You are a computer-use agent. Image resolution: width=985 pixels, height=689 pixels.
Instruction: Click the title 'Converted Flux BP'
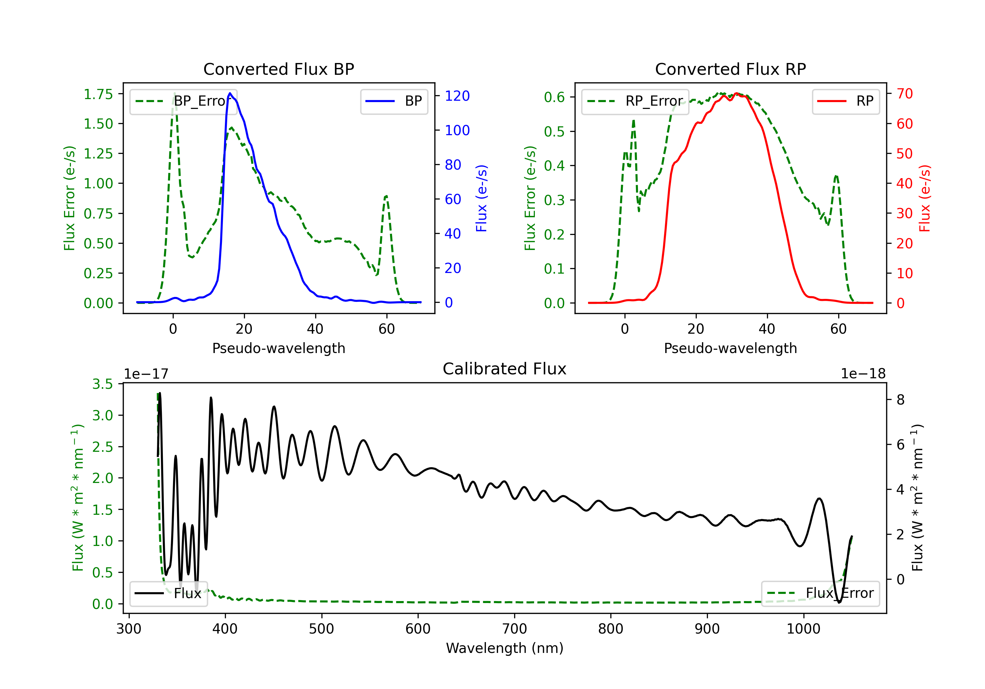(x=278, y=69)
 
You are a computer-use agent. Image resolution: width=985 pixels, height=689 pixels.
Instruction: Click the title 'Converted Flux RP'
(x=730, y=69)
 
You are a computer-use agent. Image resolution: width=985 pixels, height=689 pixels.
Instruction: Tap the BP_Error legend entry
(x=184, y=102)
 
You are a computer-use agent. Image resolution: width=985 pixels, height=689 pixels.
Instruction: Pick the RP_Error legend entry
(x=635, y=102)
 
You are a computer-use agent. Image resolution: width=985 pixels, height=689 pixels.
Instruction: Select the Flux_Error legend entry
(x=820, y=594)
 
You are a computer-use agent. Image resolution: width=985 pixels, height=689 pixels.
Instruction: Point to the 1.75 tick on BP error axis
(x=98, y=94)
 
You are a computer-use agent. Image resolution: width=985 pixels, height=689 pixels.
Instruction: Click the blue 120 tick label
(x=457, y=96)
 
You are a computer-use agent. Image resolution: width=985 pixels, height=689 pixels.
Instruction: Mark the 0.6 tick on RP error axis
(x=554, y=97)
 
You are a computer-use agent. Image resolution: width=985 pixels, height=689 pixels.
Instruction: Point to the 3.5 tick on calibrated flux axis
(x=102, y=384)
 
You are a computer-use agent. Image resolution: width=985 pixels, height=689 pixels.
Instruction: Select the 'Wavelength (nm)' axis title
(x=505, y=648)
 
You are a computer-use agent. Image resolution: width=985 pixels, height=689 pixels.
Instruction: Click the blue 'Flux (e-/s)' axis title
(x=481, y=198)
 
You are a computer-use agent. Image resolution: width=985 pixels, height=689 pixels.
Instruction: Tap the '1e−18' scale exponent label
(x=863, y=374)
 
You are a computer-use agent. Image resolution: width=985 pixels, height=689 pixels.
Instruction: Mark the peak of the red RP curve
(x=736, y=93)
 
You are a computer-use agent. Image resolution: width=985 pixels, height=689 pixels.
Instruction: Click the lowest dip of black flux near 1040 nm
(x=839, y=602)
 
